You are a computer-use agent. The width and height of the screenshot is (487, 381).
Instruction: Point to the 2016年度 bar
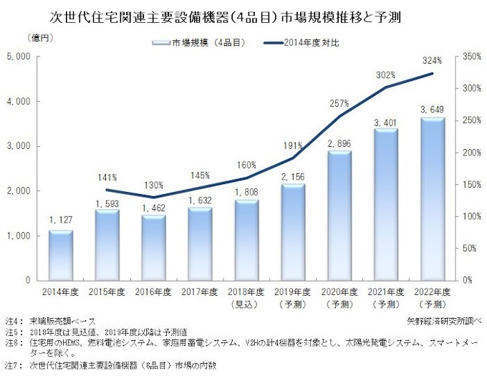click(x=154, y=246)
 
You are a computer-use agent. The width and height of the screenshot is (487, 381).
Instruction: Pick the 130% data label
click(x=153, y=185)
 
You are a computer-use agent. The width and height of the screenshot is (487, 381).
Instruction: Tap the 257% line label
click(x=339, y=104)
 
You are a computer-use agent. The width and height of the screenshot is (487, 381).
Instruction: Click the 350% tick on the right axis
click(x=471, y=57)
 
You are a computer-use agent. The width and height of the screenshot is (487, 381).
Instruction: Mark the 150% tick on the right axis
click(x=471, y=184)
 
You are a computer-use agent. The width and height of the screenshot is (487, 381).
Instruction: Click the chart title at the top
click(x=215, y=15)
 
